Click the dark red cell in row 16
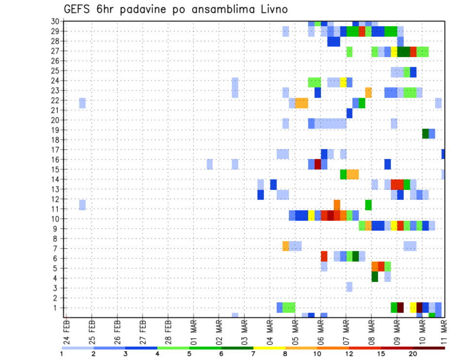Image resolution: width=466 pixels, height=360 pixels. [317, 164]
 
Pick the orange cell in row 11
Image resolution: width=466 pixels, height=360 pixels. [337, 204]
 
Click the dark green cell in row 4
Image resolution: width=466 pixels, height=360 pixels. [375, 277]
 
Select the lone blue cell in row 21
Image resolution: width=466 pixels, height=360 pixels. [349, 113]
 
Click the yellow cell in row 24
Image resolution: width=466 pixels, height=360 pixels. [343, 82]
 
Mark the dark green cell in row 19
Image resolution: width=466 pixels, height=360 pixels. [425, 133]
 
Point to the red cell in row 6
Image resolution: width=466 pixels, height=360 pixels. [324, 256]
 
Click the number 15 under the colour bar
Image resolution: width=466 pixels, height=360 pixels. [382, 354]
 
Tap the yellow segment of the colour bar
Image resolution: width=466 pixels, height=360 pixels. [269, 348]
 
